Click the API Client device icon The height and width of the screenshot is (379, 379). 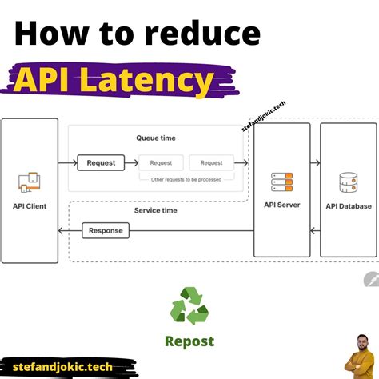coord(30,182)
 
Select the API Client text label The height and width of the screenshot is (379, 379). coord(30,206)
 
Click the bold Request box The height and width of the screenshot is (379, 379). coord(101,162)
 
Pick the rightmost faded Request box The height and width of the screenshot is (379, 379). coord(211,162)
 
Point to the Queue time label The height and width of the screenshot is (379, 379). coord(156,138)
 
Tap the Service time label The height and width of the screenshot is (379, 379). coord(156,210)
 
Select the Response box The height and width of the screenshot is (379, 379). coord(106,230)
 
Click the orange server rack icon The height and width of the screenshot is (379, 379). coord(281,183)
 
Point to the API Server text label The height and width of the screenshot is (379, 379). coord(281,205)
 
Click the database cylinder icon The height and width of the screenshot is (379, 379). coord(348,183)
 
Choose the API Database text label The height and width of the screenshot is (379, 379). coord(348,206)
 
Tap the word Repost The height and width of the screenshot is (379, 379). coord(189,341)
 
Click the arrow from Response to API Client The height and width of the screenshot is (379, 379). coord(70,230)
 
